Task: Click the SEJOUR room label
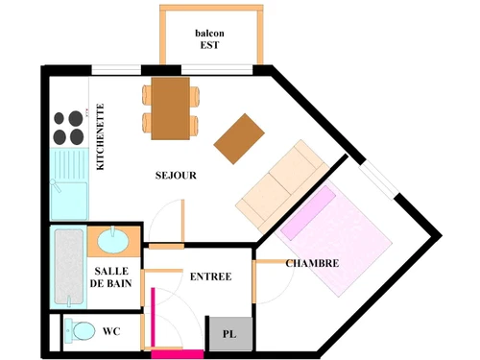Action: (176, 176)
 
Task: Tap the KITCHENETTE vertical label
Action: (101, 137)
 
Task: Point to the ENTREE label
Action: (210, 276)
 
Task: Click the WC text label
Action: (111, 331)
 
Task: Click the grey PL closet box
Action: (229, 333)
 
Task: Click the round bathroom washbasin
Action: (113, 240)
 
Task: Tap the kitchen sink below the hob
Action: (68, 182)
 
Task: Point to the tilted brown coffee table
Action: (239, 137)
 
